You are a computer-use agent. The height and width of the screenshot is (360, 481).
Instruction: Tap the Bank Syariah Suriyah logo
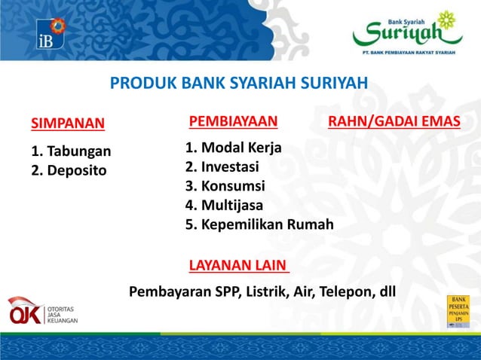407,32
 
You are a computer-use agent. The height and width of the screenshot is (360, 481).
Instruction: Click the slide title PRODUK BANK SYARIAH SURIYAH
239,83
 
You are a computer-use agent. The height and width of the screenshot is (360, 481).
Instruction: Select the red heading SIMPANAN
68,124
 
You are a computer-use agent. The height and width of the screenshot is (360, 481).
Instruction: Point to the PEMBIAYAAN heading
233,121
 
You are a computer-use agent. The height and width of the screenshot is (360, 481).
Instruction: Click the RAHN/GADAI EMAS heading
394,121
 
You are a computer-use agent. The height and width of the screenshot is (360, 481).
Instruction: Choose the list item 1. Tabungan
71,151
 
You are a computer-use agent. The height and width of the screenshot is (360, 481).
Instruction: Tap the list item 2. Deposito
69,170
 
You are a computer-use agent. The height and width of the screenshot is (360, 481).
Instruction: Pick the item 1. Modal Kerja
234,148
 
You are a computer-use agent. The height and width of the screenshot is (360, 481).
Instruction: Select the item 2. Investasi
222,166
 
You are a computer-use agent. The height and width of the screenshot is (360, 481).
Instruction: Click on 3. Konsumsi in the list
225,186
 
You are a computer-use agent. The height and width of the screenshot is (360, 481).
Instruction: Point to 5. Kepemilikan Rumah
259,224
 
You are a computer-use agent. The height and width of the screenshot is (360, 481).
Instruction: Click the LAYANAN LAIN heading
239,265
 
